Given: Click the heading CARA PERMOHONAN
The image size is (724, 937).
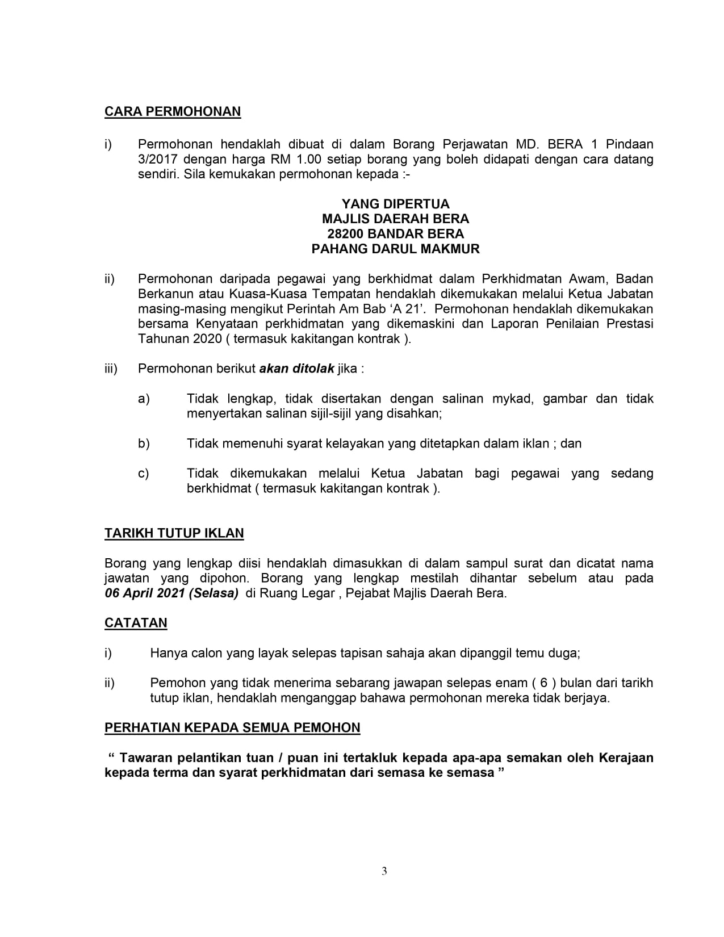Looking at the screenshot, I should [173, 111].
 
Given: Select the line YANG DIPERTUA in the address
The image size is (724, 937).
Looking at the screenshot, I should [395, 204].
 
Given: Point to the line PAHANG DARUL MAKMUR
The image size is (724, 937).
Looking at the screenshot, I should [395, 249].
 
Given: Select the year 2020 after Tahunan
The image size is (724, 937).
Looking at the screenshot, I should [208, 339].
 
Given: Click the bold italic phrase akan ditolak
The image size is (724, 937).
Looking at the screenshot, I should [296, 369].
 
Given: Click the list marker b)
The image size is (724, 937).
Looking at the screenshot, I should [144, 444].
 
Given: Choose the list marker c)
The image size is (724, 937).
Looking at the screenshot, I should [144, 473].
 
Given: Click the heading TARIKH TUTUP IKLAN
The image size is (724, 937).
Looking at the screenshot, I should [174, 533].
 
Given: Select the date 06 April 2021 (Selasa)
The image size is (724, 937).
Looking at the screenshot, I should [171, 593].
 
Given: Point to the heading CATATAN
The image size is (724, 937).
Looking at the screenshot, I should [136, 623].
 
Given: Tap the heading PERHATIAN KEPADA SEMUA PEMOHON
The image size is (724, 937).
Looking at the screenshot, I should [232, 727].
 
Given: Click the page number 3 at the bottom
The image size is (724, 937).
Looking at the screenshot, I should [384, 871].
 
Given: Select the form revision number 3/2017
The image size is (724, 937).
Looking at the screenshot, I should [157, 159].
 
